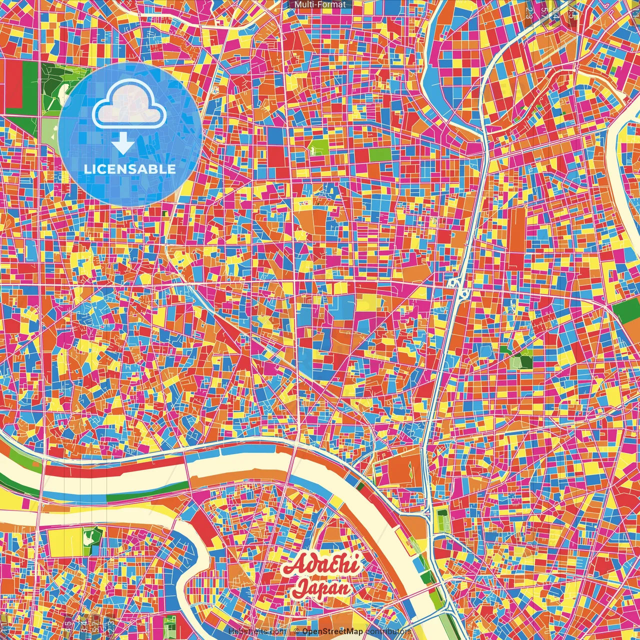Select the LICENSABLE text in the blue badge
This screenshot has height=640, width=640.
coord(129,169)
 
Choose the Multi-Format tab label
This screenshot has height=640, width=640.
coord(320,4)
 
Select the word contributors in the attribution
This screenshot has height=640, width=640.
coord(388,631)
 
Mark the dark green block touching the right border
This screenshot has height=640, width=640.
coord(627,310)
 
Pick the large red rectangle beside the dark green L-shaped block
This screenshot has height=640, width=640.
coord(13,85)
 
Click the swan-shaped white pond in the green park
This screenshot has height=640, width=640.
coord(89,539)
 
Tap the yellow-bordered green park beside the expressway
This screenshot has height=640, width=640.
coord(442,520)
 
